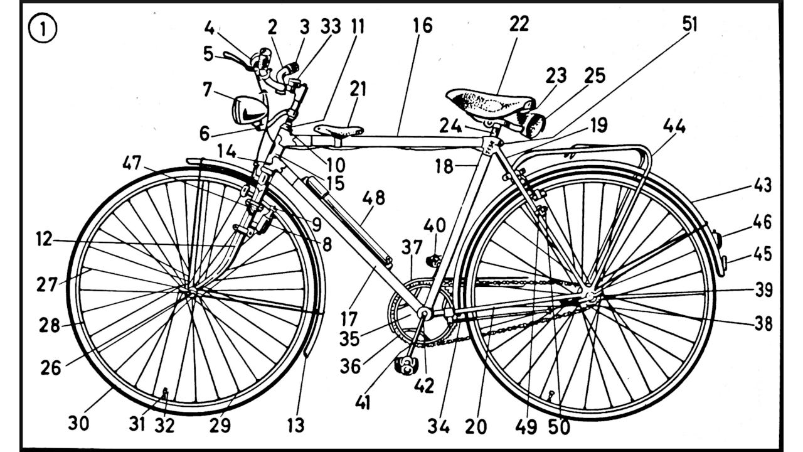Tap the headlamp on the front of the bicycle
click(249, 110)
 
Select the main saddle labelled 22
click(489, 102)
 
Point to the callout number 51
click(689, 24)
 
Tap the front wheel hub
click(189, 290)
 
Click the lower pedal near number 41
click(405, 364)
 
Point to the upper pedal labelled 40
click(430, 259)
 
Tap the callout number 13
click(295, 425)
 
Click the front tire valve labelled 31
click(166, 394)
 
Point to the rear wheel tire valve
click(551, 395)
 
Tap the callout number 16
click(423, 26)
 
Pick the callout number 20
click(476, 426)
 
